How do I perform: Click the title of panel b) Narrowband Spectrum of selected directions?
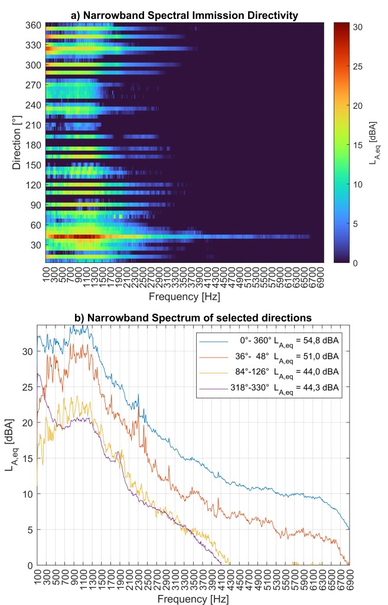pyautogui.click(x=194, y=318)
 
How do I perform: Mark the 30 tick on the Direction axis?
pyautogui.click(x=34, y=245)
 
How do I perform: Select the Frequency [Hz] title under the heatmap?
pyautogui.click(x=184, y=296)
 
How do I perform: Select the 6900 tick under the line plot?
pyautogui.click(x=349, y=577)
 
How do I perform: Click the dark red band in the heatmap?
pyautogui.click(x=71, y=236)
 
